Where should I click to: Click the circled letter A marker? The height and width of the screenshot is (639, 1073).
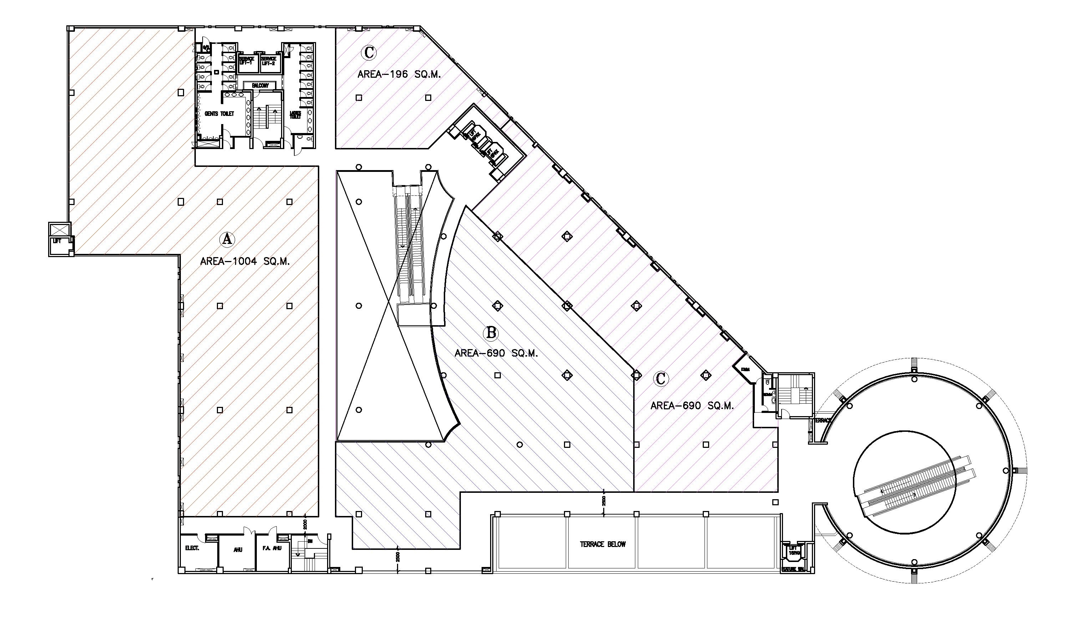pos(227,239)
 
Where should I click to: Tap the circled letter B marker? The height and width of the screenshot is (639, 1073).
pos(491,333)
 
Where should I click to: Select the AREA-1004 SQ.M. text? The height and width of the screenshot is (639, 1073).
pos(245,261)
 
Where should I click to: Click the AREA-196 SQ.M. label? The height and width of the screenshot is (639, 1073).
pos(399,75)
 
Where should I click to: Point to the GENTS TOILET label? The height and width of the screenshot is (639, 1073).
pos(220,114)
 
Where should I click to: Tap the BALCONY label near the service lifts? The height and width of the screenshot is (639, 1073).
pos(260,86)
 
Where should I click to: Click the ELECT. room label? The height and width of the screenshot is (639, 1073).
pos(192,548)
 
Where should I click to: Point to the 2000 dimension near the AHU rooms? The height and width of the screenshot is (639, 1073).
pos(305,524)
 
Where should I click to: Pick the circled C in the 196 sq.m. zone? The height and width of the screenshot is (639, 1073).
pos(369,52)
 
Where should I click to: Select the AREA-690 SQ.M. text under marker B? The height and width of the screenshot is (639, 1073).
pos(496,353)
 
